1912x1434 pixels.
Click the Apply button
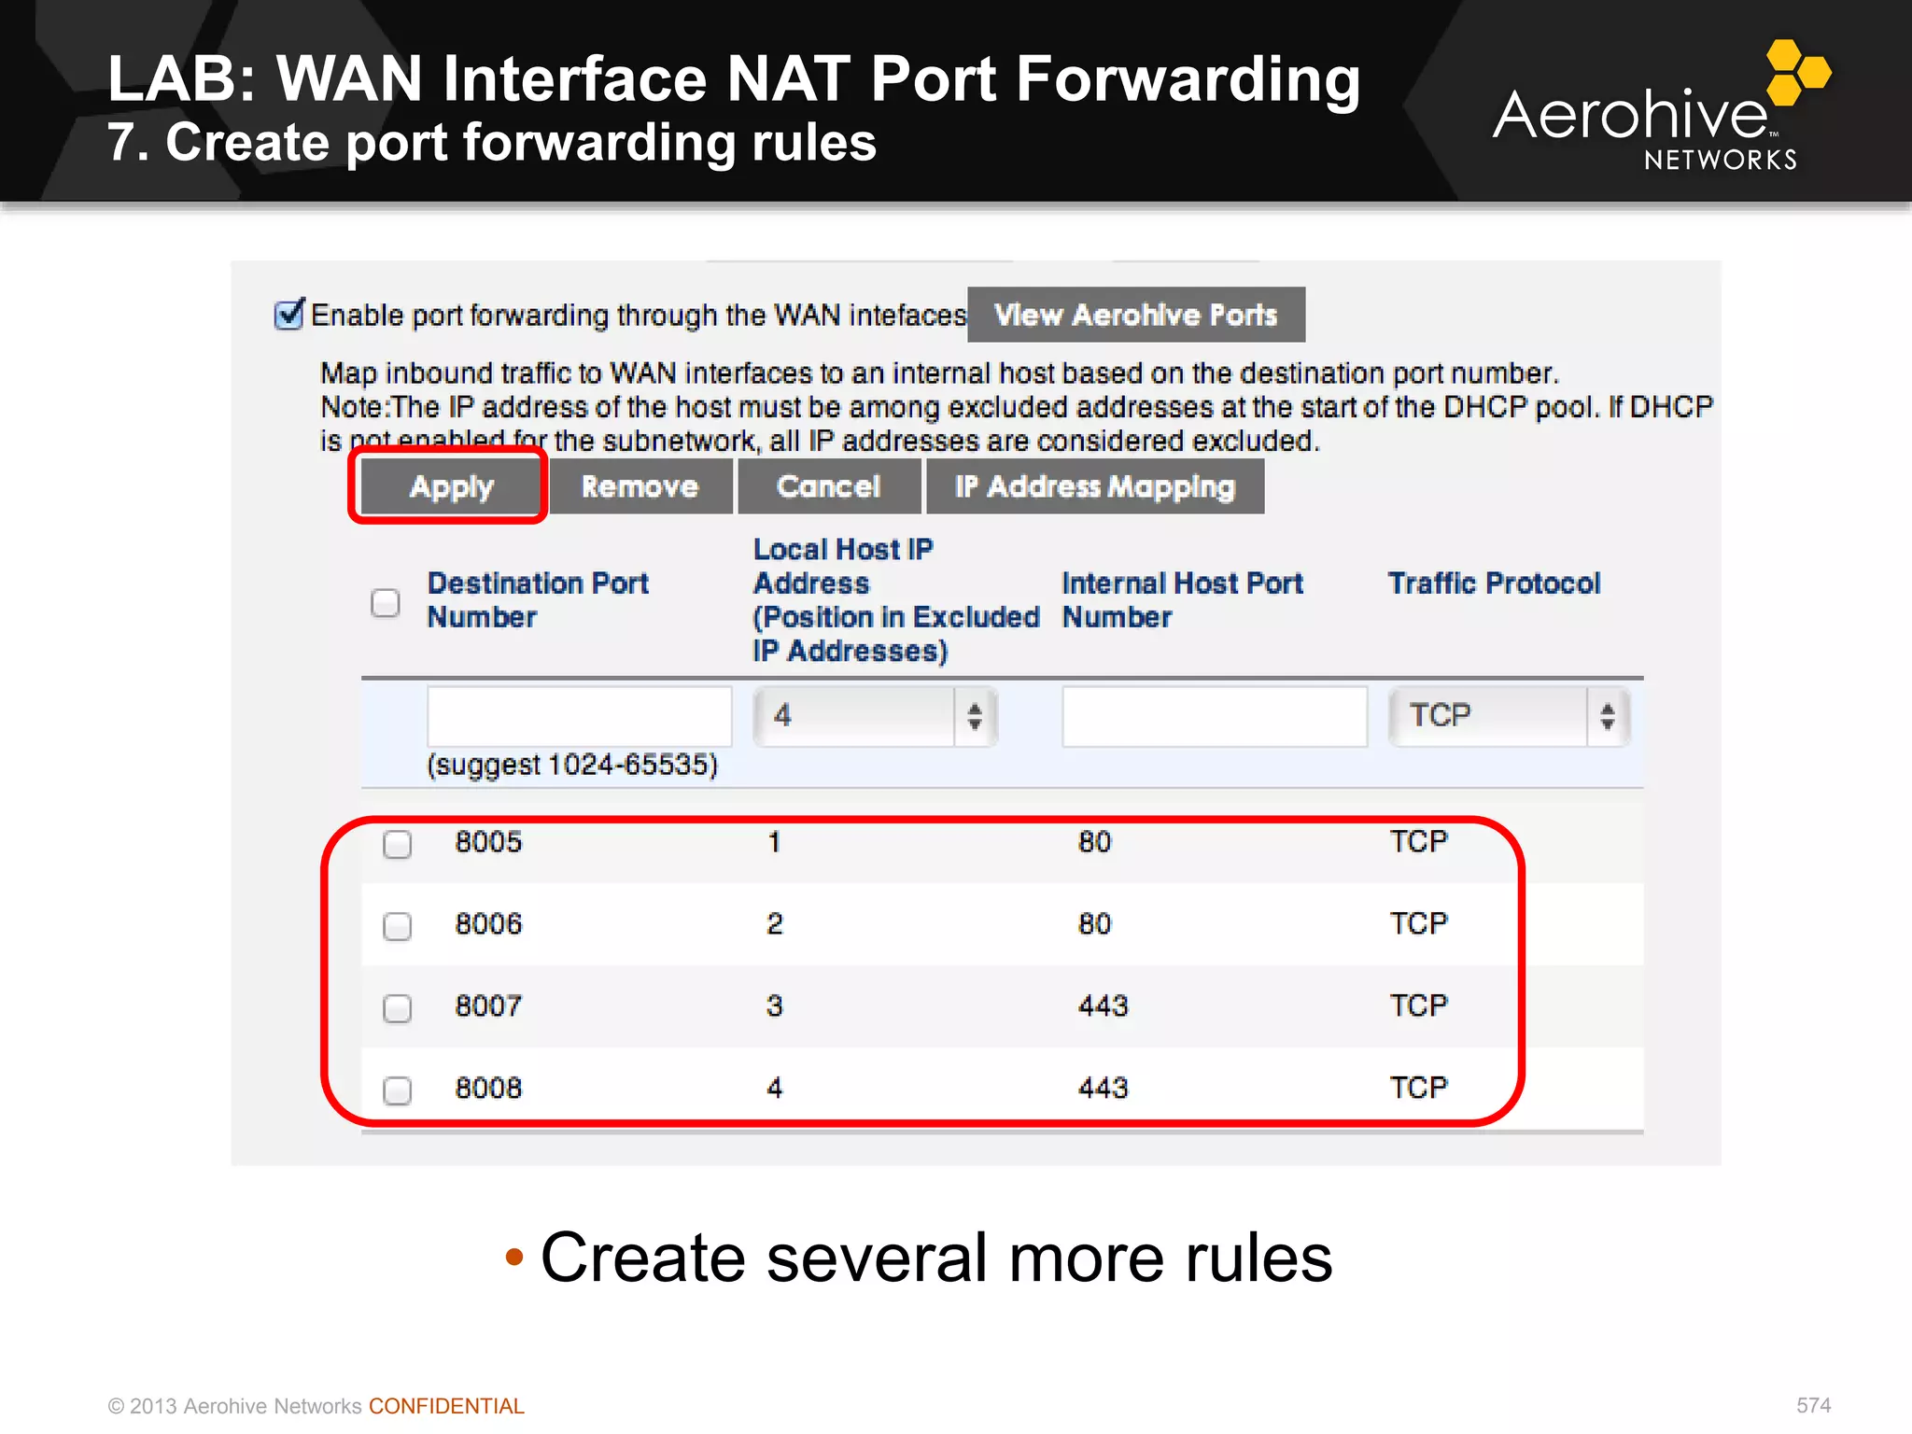coord(452,486)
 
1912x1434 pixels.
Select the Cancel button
coord(828,486)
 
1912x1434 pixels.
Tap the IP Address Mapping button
coord(1095,486)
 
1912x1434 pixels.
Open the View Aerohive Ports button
coord(1135,315)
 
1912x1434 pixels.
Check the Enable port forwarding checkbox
coord(289,315)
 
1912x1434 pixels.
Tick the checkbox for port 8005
coord(398,844)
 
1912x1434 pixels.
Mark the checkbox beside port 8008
coord(398,1090)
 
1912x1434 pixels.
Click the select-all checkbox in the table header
coord(386,603)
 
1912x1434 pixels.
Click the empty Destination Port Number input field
coord(579,716)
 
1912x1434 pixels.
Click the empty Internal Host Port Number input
coord(1214,716)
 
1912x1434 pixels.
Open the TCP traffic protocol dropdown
coord(1509,716)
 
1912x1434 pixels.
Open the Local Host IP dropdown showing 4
coord(875,716)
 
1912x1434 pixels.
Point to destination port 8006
coord(488,924)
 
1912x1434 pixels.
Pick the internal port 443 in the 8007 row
coord(1103,1006)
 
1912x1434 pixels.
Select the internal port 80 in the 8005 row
coord(1094,842)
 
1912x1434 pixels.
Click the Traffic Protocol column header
coord(1494,583)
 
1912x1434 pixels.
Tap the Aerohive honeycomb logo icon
coord(1798,72)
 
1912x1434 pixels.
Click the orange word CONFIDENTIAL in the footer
coord(446,1406)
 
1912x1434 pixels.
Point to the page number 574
coord(1813,1406)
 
